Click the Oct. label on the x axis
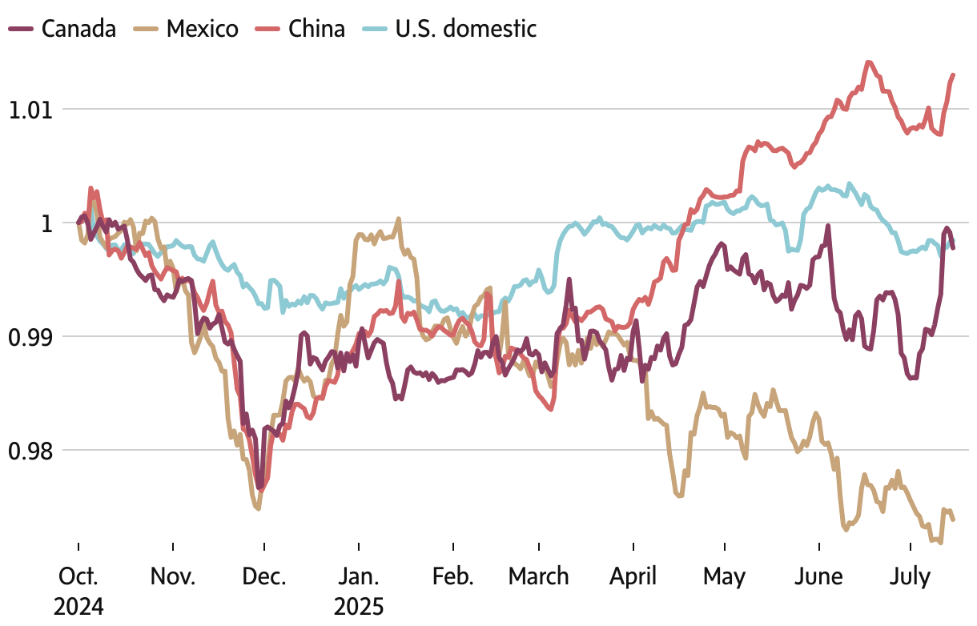click(x=78, y=576)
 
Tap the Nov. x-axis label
click(x=173, y=576)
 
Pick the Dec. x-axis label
click(x=264, y=576)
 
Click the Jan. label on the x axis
click(x=359, y=576)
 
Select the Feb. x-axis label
click(x=453, y=576)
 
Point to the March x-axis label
click(x=539, y=576)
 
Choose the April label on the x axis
click(x=633, y=576)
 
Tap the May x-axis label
click(x=725, y=576)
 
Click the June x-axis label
click(x=819, y=576)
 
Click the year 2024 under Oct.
click(x=78, y=606)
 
